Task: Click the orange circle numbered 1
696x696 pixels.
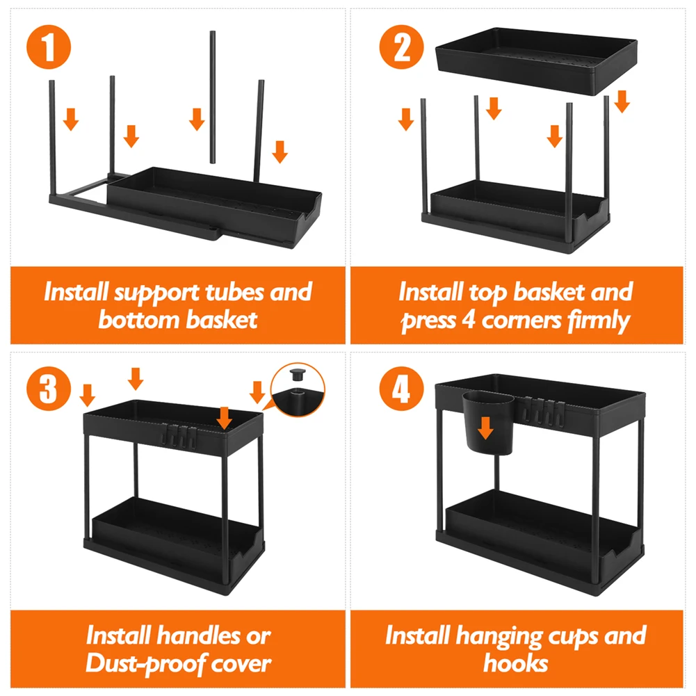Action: (49, 47)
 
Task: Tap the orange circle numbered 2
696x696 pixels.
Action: (402, 47)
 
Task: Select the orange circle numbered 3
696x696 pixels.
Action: (49, 389)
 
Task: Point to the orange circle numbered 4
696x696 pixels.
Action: (402, 389)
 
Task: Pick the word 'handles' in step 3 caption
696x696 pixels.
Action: (198, 636)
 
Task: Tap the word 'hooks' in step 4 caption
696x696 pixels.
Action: (516, 663)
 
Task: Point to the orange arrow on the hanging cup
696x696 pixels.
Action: (485, 428)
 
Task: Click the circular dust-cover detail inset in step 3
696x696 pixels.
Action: (298, 389)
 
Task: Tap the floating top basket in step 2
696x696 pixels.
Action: (536, 61)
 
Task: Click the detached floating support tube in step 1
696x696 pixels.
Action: (213, 97)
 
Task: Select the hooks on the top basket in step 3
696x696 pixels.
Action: (179, 436)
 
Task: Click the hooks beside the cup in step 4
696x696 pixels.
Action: (543, 410)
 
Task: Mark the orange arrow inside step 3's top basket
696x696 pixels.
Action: (225, 418)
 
